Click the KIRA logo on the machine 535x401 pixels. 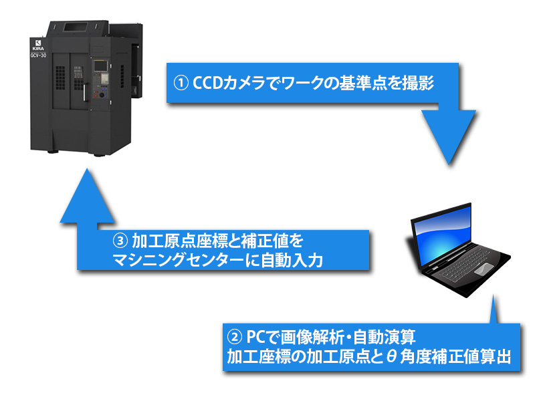(38, 44)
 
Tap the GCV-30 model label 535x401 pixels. (38, 55)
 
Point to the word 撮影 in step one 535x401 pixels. (422, 84)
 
